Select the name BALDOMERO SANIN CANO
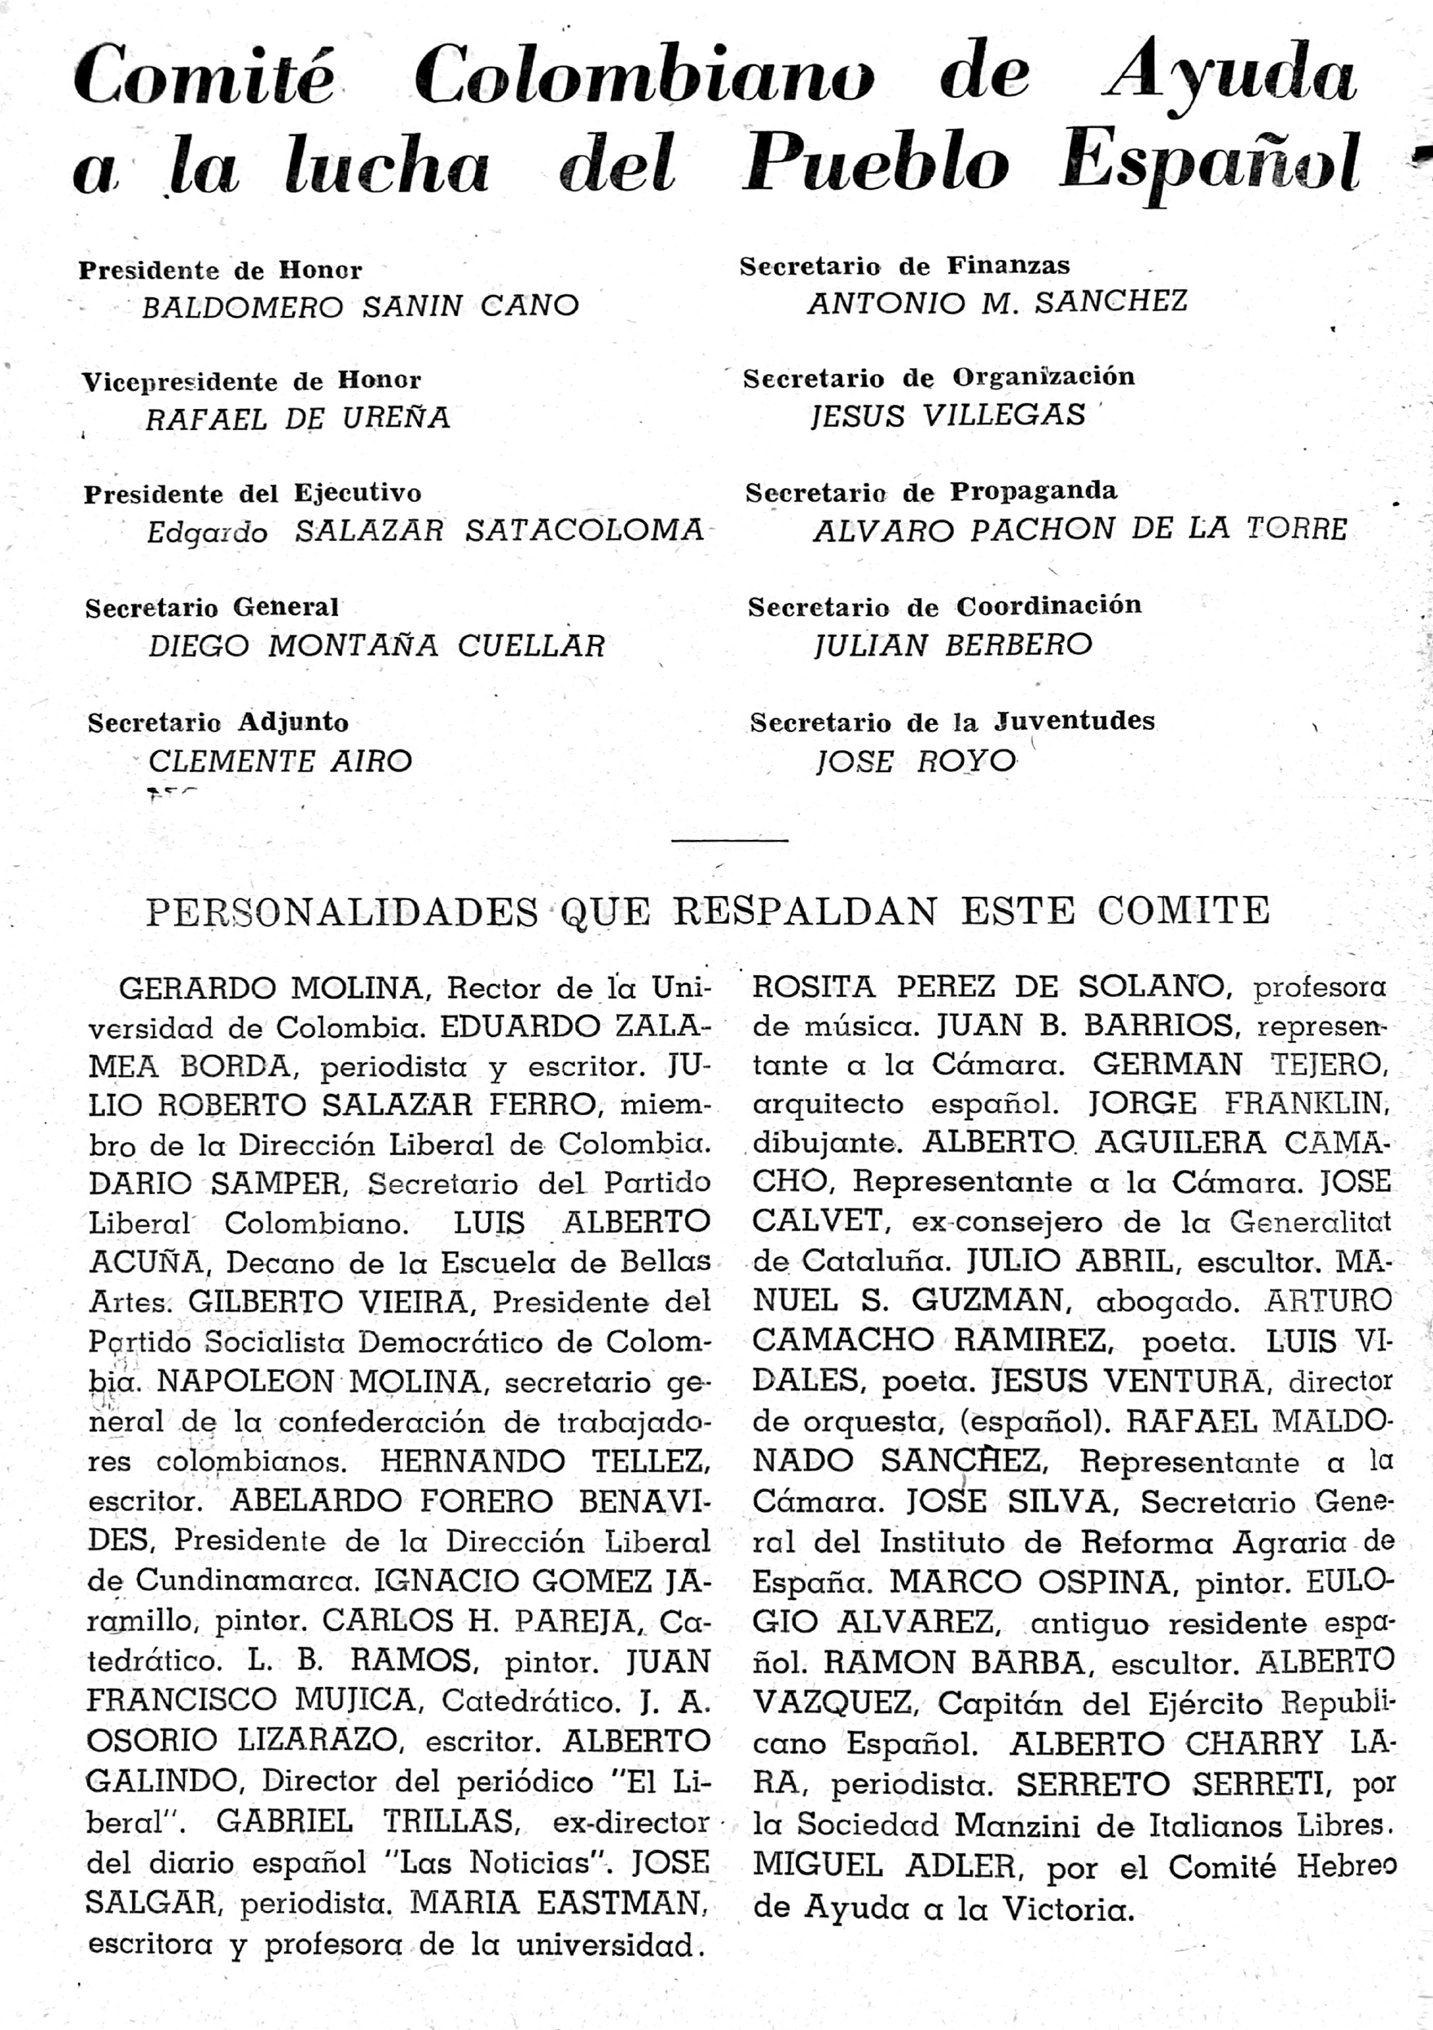tap(360, 306)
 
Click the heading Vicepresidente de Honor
tap(251, 381)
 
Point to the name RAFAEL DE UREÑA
tap(298, 418)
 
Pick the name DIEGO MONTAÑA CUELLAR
tap(376, 646)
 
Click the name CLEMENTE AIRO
tap(280, 760)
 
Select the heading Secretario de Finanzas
tap(904, 266)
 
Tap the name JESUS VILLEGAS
tap(947, 415)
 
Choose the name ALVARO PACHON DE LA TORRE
tap(1079, 529)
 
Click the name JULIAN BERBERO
tap(953, 644)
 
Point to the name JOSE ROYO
tap(916, 760)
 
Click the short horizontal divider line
tap(729, 840)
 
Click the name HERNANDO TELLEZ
tap(544, 1461)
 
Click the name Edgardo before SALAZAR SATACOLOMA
tap(207, 532)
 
